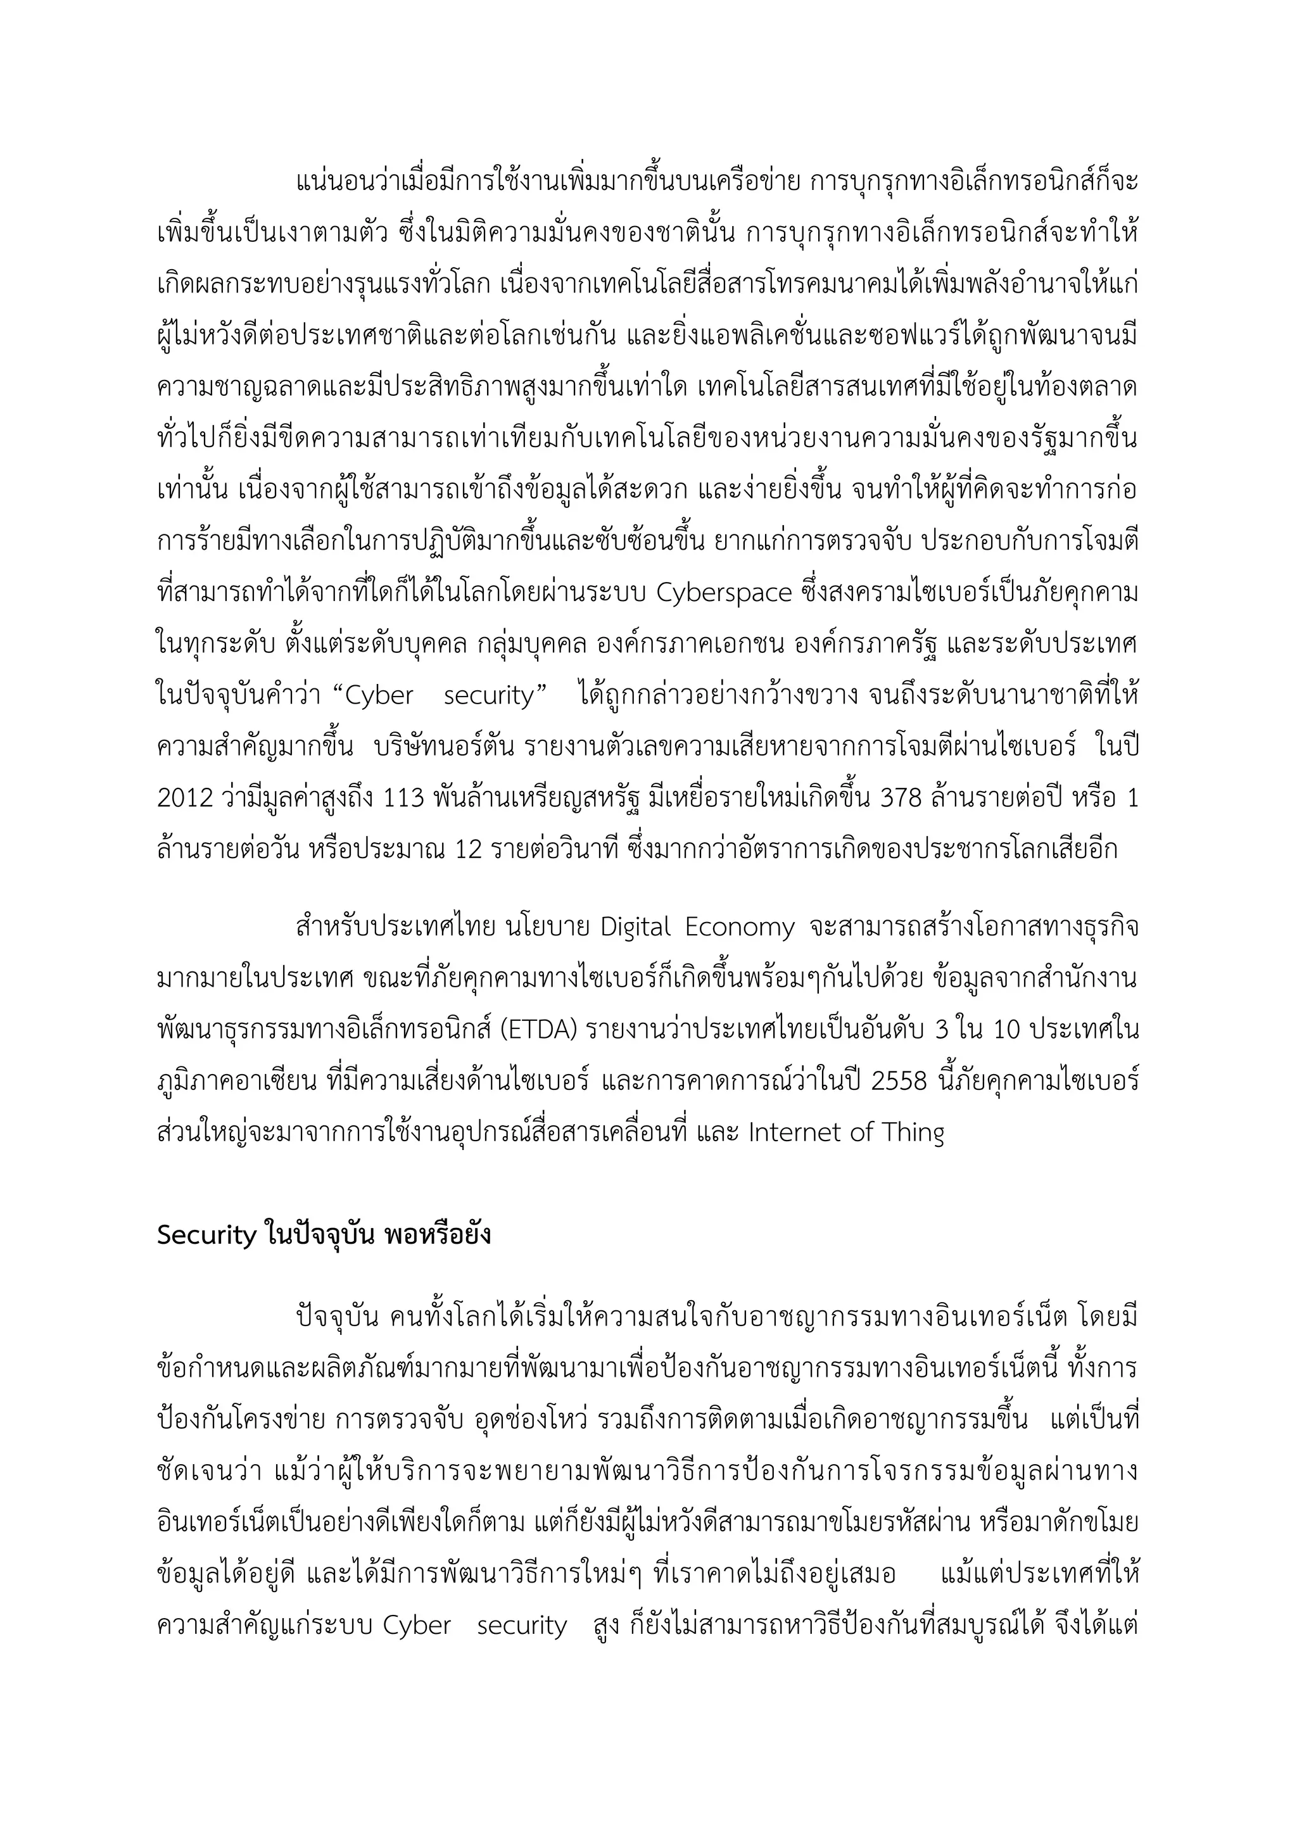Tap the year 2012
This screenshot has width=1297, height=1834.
186,798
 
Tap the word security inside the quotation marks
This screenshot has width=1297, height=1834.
488,696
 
